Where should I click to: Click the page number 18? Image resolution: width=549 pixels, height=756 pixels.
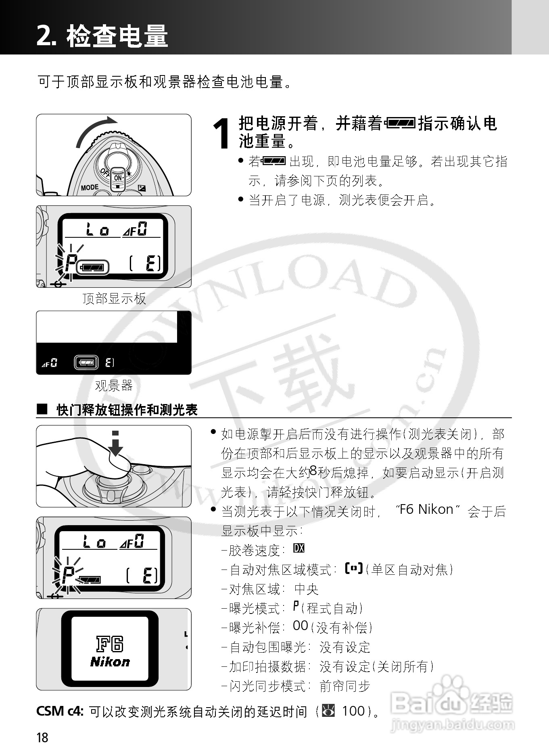pos(42,737)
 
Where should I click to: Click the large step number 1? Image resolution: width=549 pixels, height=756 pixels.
pos(222,134)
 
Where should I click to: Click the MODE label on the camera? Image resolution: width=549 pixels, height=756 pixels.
pos(90,187)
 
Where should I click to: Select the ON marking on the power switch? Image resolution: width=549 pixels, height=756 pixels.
pos(118,178)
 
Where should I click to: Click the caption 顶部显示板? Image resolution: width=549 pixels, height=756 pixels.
pos(114,299)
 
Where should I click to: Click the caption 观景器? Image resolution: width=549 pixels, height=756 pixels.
pos(114,386)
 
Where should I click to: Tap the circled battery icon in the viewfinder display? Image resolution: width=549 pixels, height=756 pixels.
pos(86,362)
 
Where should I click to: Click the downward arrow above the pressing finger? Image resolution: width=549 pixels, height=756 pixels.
pos(116,444)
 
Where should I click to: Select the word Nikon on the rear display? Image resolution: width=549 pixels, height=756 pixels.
pos(110,662)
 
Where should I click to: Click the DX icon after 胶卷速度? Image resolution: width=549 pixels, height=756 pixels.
pos(299,548)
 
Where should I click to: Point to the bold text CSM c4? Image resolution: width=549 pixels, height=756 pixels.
pos(60,711)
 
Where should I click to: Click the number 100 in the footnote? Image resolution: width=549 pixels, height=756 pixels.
pos(353,711)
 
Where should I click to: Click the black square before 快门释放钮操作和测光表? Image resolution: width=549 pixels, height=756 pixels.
pos(42,409)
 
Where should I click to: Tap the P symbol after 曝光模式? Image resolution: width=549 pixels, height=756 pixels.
pos(296,606)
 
